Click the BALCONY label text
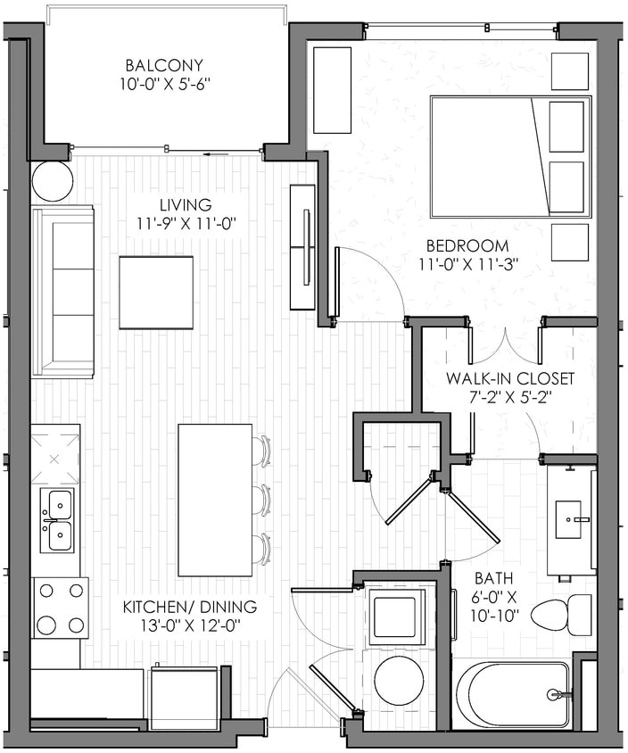(164, 65)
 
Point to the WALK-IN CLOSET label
(510, 378)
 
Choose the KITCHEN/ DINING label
(189, 608)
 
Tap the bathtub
(510, 693)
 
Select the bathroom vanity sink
(569, 519)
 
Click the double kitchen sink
(58, 521)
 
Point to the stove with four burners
(61, 607)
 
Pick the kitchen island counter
(214, 500)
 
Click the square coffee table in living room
(156, 293)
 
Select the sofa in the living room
(62, 291)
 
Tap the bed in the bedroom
(511, 156)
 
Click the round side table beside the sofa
(52, 181)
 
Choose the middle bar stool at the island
(261, 500)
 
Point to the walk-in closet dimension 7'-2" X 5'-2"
(509, 398)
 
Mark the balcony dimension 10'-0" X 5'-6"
(164, 86)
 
